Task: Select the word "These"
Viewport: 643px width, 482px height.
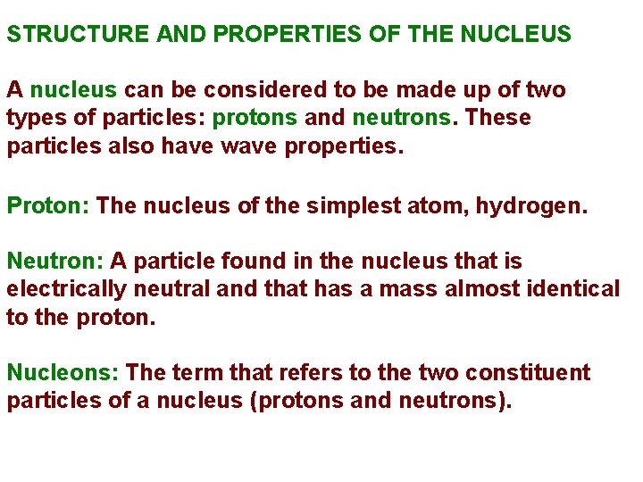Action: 498,118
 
